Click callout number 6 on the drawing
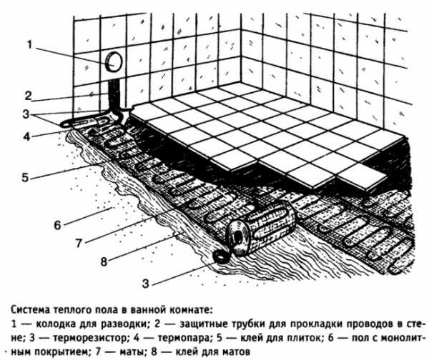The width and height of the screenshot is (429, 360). coord(57,225)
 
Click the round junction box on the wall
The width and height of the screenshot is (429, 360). coord(112,62)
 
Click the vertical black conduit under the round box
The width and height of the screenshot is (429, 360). coord(114,93)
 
